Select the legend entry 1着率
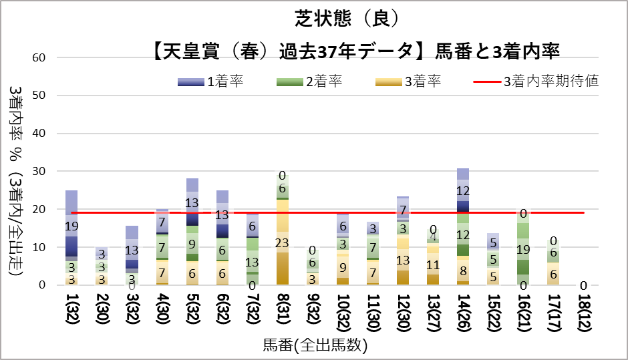pyautogui.click(x=224, y=82)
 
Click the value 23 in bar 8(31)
pyautogui.click(x=282, y=243)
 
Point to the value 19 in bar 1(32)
pyautogui.click(x=71, y=226)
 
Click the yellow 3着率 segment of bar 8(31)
pyautogui.click(x=282, y=242)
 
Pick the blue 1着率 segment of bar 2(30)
pyautogui.click(x=102, y=254)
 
